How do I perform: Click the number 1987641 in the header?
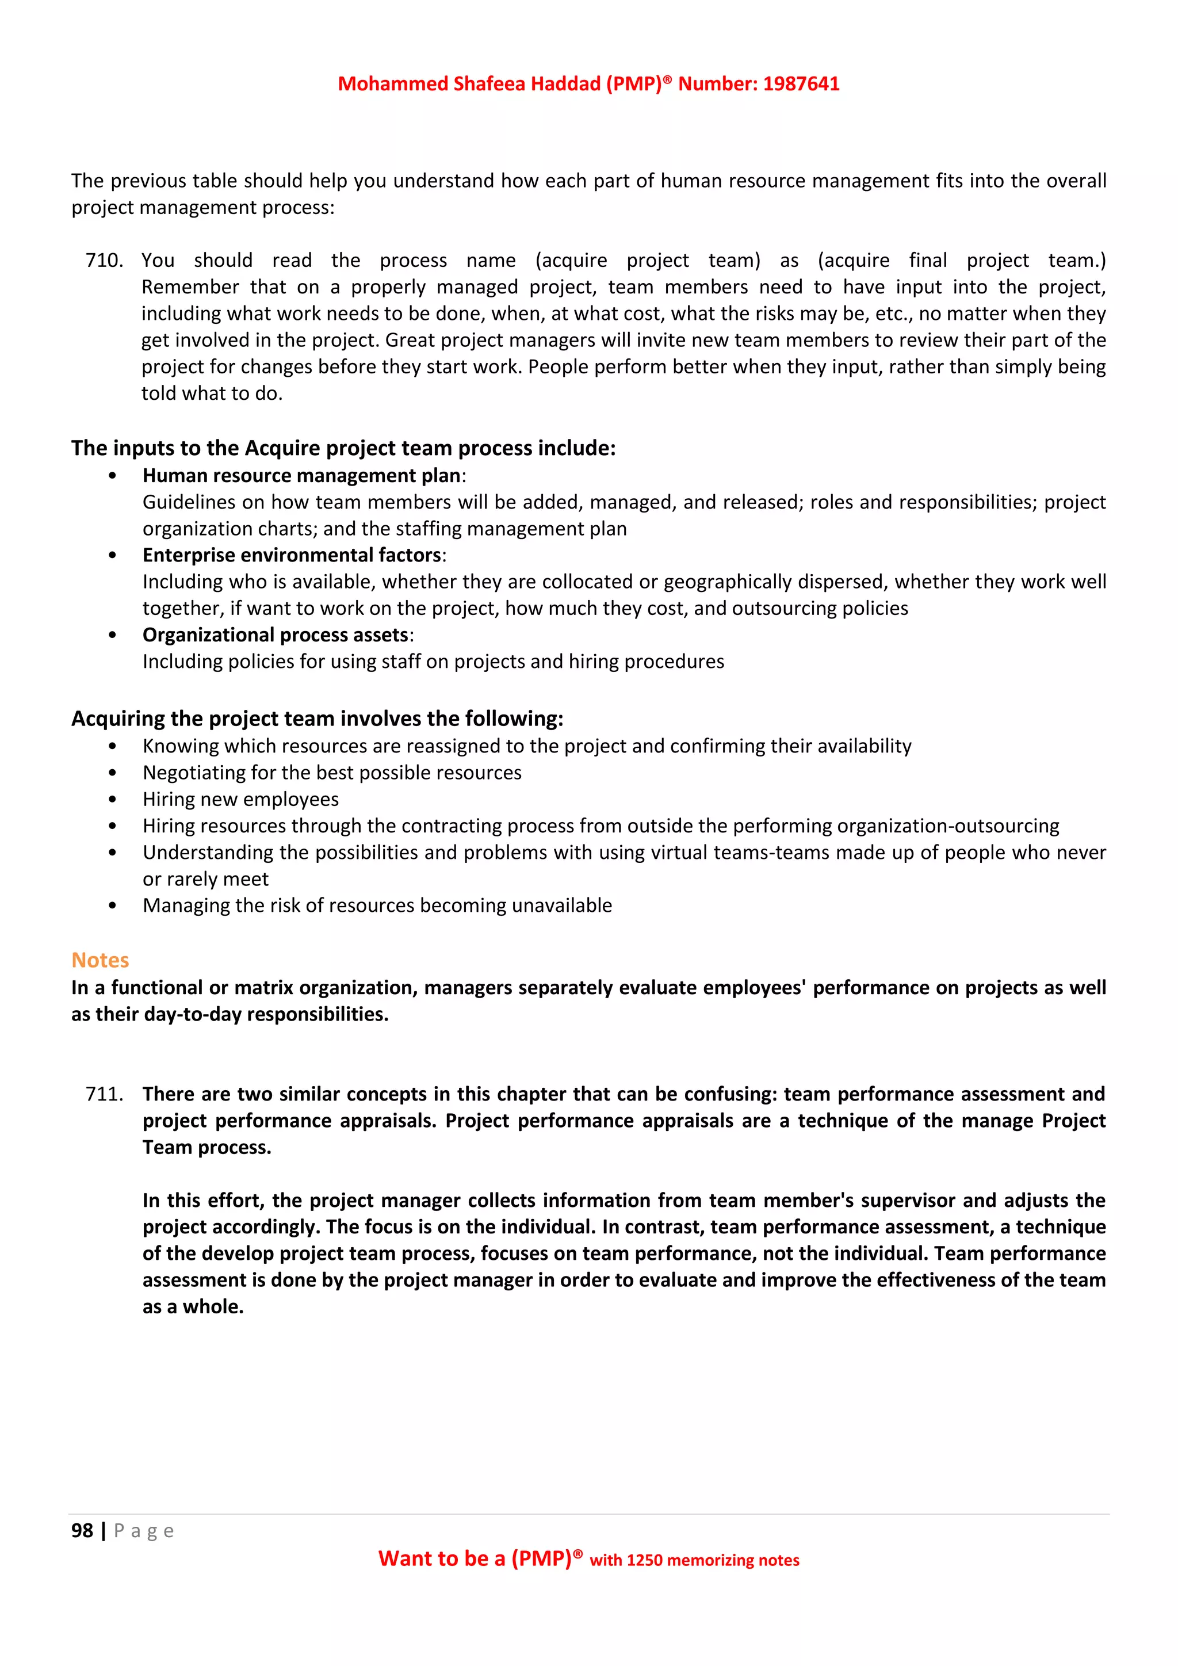pyautogui.click(x=801, y=84)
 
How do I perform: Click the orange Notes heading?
pyautogui.click(x=100, y=960)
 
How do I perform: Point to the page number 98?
pyautogui.click(x=82, y=1530)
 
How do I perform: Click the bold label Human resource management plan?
pyautogui.click(x=301, y=476)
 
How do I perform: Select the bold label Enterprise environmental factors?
pyautogui.click(x=292, y=556)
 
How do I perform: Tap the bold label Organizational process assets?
pyautogui.click(x=276, y=636)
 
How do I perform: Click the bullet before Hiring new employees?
pyautogui.click(x=112, y=800)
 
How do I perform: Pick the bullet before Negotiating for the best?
pyautogui.click(x=112, y=774)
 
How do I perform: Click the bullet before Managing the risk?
pyautogui.click(x=112, y=906)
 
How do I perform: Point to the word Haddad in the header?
pyautogui.click(x=564, y=84)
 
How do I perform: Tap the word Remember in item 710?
pyautogui.click(x=189, y=287)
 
